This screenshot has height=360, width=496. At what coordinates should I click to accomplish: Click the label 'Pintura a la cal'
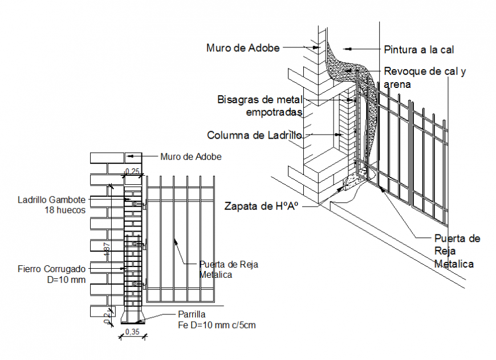pyautogui.click(x=418, y=50)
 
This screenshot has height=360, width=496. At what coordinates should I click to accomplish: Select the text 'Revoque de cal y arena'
pyautogui.click(x=425, y=78)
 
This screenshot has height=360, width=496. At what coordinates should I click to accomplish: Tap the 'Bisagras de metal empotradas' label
pyautogui.click(x=260, y=106)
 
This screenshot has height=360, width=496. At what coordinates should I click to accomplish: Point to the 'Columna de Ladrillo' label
pyautogui.click(x=254, y=135)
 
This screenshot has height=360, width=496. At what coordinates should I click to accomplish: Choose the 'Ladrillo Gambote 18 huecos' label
pyautogui.click(x=51, y=205)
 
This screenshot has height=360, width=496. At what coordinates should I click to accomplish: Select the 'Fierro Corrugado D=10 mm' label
pyautogui.click(x=51, y=274)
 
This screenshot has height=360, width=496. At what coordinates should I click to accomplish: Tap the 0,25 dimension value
pyautogui.click(x=132, y=171)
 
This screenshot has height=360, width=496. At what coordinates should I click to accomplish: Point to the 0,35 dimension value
pyautogui.click(x=132, y=331)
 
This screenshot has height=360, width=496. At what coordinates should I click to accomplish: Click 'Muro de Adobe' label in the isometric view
pyautogui.click(x=243, y=48)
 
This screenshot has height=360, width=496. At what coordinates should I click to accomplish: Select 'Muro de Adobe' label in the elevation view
pyautogui.click(x=190, y=156)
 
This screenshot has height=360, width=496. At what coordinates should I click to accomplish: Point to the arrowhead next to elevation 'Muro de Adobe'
pyautogui.click(x=129, y=155)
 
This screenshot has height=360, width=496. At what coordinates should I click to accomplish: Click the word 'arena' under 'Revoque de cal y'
pyautogui.click(x=397, y=84)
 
